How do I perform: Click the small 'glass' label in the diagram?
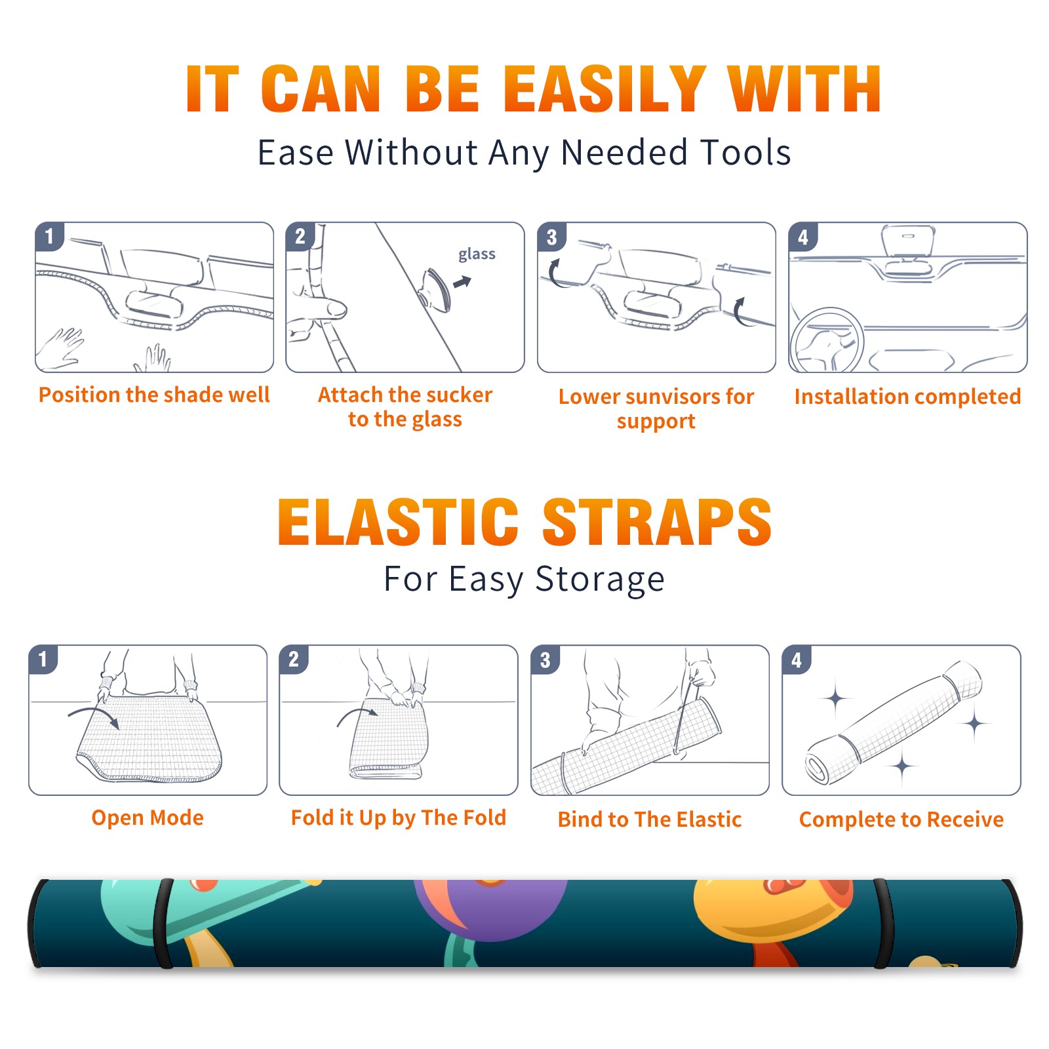tap(477, 254)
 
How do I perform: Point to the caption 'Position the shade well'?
tap(154, 395)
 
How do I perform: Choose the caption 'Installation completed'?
tap(907, 397)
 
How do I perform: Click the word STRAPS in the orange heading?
tap(657, 522)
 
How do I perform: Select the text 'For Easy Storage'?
tap(524, 579)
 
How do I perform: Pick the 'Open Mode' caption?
tap(148, 818)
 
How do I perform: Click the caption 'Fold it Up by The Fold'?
tap(399, 818)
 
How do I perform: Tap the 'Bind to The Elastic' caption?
tap(650, 820)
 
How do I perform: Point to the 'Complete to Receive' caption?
tap(901, 820)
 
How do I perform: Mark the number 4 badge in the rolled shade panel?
tap(797, 660)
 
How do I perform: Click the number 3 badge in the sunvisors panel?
tap(551, 237)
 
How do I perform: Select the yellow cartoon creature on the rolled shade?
tap(774, 915)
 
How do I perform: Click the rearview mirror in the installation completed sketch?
tap(908, 241)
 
